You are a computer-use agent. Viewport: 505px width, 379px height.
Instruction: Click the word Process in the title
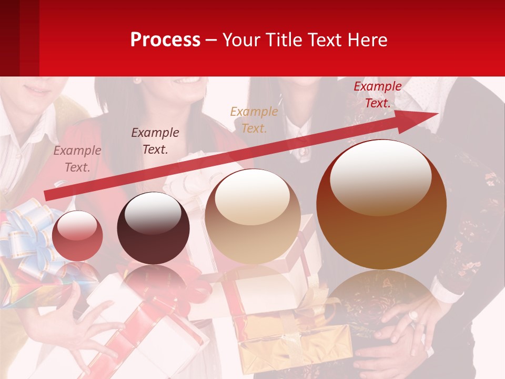(165, 40)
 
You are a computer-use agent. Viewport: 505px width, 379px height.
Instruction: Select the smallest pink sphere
(77, 235)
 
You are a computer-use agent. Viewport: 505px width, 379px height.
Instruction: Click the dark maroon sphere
(153, 228)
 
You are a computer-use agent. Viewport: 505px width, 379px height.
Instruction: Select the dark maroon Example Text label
(155, 141)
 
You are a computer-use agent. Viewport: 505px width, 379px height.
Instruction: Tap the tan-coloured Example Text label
(254, 120)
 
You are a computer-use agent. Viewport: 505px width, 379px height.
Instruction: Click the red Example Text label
(378, 95)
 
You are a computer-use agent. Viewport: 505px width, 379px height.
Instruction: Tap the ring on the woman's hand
(414, 316)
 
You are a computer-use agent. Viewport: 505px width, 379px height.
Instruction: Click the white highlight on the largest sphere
(381, 176)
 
